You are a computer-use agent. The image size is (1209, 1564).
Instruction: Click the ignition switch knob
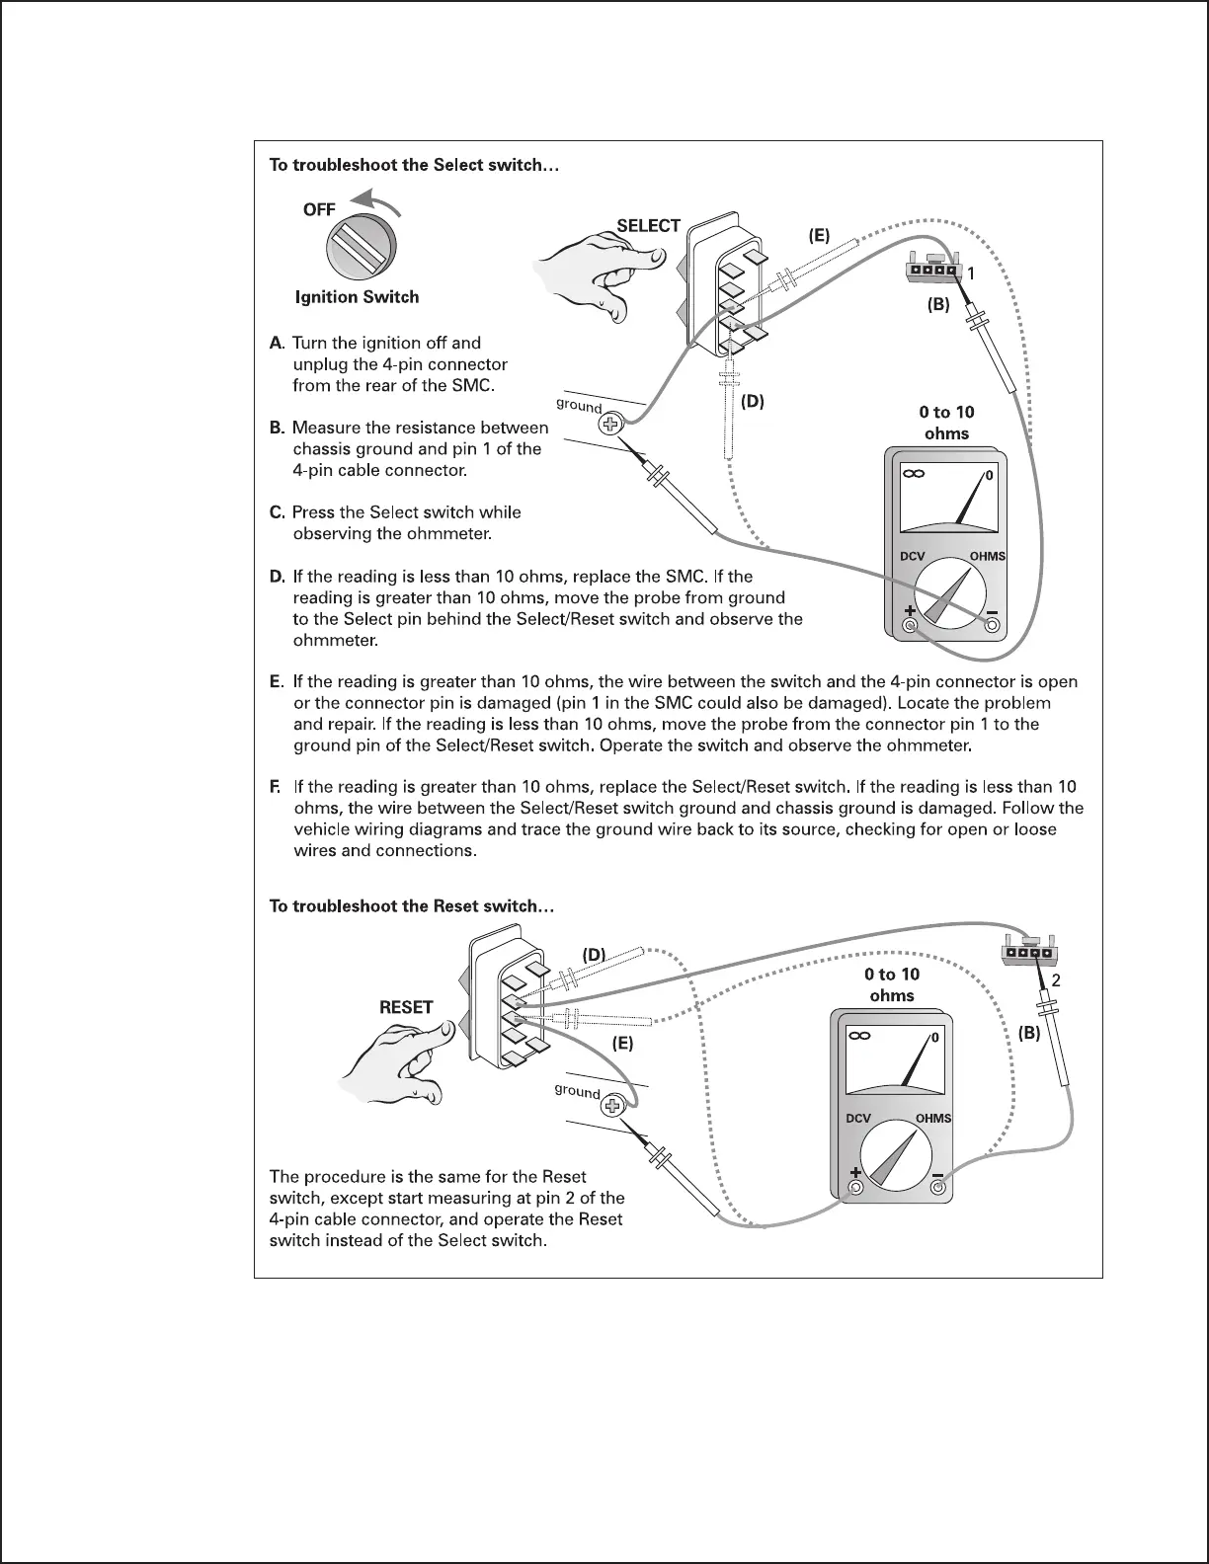pyautogui.click(x=360, y=248)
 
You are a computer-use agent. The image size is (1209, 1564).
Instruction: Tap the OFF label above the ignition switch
pyautogui.click(x=319, y=209)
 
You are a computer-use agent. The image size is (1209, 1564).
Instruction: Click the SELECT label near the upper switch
pyautogui.click(x=648, y=226)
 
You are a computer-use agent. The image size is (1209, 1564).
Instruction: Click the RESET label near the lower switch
pyautogui.click(x=406, y=1008)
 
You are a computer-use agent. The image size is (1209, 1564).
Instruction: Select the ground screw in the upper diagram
pyautogui.click(x=610, y=425)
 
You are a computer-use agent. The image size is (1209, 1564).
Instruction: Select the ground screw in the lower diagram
pyautogui.click(x=613, y=1107)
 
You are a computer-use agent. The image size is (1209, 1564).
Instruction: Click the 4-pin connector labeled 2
pyautogui.click(x=1027, y=952)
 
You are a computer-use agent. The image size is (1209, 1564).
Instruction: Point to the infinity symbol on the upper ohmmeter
pyautogui.click(x=913, y=476)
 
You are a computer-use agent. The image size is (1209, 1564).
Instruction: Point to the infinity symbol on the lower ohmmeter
pyautogui.click(x=858, y=1037)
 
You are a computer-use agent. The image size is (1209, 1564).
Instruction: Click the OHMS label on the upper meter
pyautogui.click(x=987, y=556)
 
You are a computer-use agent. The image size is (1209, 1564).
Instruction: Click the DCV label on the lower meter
pyautogui.click(x=858, y=1119)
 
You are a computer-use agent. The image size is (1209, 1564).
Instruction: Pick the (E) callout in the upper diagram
pyautogui.click(x=819, y=236)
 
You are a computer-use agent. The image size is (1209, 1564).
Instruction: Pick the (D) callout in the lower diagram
pyautogui.click(x=594, y=954)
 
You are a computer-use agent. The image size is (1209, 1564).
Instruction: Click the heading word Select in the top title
pyautogui.click(x=456, y=166)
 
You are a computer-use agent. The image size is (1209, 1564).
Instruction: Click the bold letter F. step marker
pyautogui.click(x=276, y=787)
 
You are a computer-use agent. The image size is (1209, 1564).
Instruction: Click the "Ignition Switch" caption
pyautogui.click(x=357, y=297)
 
